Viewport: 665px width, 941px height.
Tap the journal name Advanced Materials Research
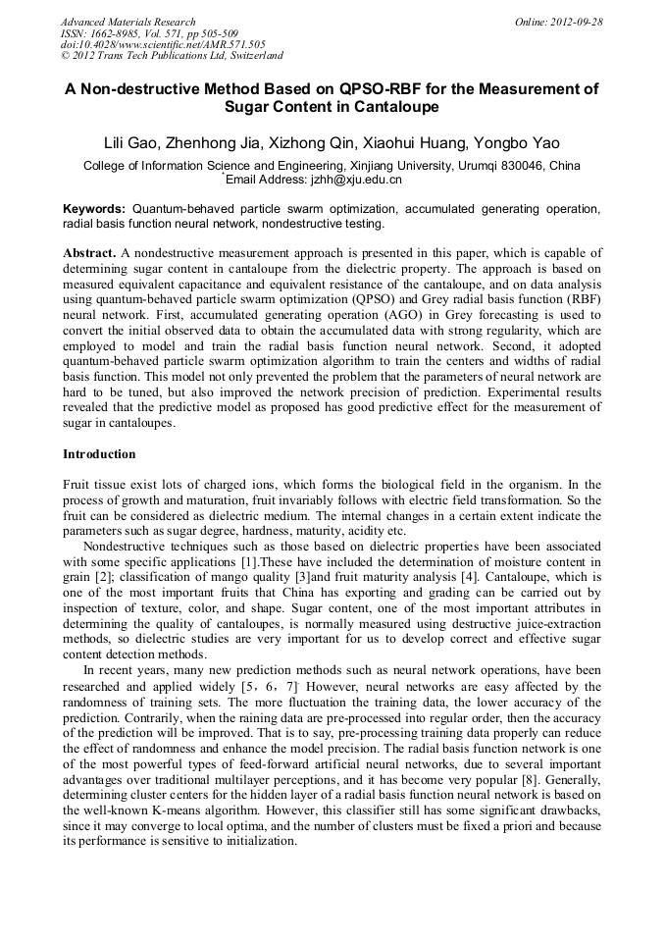coord(128,21)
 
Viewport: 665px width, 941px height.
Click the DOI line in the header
coord(163,44)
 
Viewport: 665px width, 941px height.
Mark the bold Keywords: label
coord(94,209)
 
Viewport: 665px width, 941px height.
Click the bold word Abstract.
coord(90,252)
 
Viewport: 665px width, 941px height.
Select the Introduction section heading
coord(99,454)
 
